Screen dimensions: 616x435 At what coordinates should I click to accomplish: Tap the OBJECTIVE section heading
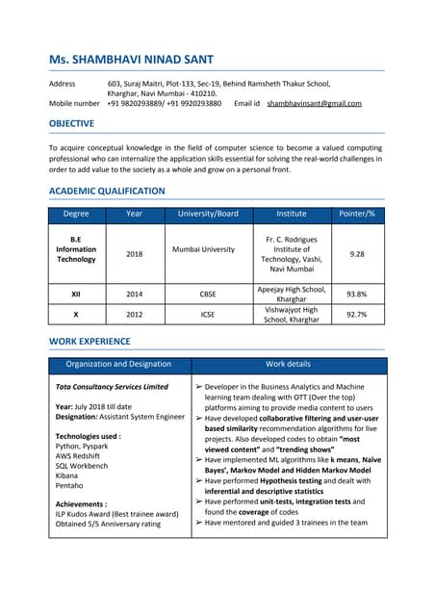click(71, 123)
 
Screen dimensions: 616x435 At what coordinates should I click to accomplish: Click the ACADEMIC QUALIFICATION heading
click(106, 192)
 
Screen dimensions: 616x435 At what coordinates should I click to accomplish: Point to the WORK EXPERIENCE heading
click(89, 342)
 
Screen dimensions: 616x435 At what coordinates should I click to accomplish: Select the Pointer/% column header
click(357, 214)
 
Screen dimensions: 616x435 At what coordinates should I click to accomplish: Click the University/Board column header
click(203, 214)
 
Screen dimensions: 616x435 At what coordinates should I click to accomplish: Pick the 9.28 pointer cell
click(357, 254)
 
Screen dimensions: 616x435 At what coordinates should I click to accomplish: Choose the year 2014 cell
click(134, 295)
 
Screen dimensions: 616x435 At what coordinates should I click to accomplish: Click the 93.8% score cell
click(357, 295)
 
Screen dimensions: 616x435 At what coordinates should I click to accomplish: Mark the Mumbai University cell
click(203, 249)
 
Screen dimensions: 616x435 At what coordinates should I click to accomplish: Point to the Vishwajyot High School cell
click(291, 314)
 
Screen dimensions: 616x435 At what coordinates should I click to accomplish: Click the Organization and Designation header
click(118, 365)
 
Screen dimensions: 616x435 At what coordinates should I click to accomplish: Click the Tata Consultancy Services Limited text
click(112, 387)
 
